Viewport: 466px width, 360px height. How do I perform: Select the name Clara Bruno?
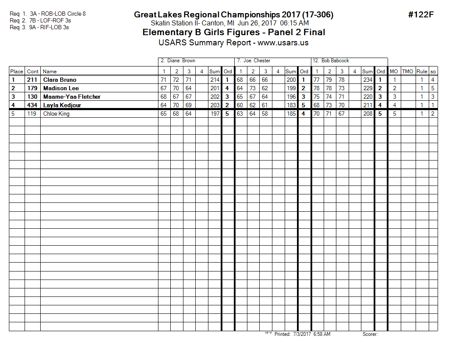point(60,80)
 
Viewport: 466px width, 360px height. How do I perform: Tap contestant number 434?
point(33,105)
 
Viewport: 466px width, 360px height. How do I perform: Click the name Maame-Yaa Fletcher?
point(72,97)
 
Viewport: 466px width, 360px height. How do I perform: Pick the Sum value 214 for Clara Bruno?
point(215,80)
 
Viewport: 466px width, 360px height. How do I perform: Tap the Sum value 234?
point(367,80)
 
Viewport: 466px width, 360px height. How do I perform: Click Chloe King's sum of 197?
point(215,114)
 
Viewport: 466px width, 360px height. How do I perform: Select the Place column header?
point(17,72)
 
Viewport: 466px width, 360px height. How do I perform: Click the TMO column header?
point(408,72)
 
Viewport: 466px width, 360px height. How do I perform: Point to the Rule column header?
point(422,72)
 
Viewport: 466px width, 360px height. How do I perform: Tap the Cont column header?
point(33,72)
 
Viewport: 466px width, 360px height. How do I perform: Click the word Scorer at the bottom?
point(370,334)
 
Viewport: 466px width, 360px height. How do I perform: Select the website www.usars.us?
point(283,43)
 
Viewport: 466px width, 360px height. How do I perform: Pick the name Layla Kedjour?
point(62,105)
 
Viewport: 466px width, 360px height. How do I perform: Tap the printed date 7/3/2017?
point(302,334)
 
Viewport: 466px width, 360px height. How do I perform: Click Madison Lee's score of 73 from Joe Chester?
point(253,88)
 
